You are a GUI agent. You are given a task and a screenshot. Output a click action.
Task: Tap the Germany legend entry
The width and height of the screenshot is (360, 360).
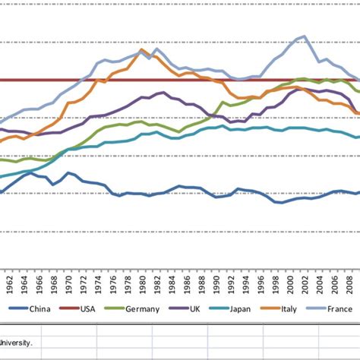pos(143,309)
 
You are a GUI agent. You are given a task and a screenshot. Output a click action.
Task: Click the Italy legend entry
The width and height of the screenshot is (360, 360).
pos(289,309)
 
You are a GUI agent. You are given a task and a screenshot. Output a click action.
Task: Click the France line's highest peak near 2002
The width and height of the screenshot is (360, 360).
pos(305,36)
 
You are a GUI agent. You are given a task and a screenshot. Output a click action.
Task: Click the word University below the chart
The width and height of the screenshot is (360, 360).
pos(17,342)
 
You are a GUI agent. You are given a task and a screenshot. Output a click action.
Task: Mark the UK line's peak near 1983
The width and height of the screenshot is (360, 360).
pos(161,93)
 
